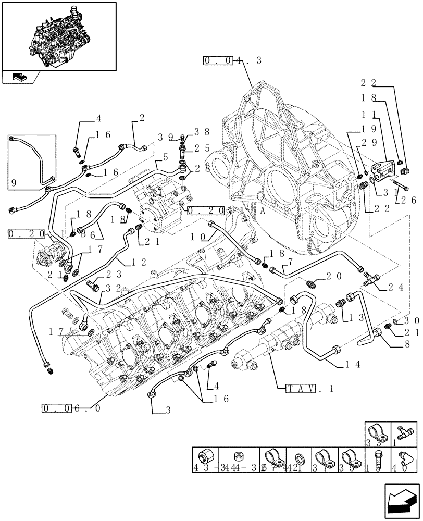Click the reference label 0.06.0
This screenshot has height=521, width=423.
coord(70,407)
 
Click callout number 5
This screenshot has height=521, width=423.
coord(165,156)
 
